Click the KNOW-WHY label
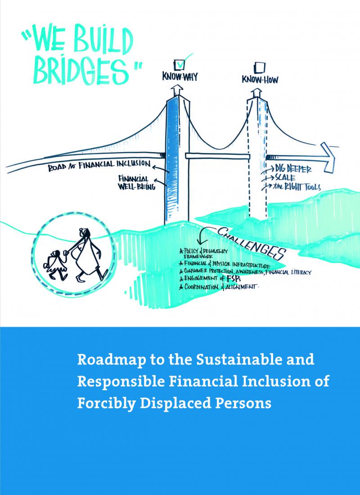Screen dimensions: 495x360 pyautogui.click(x=180, y=78)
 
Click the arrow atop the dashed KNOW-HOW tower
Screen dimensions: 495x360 pyautogui.click(x=256, y=93)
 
